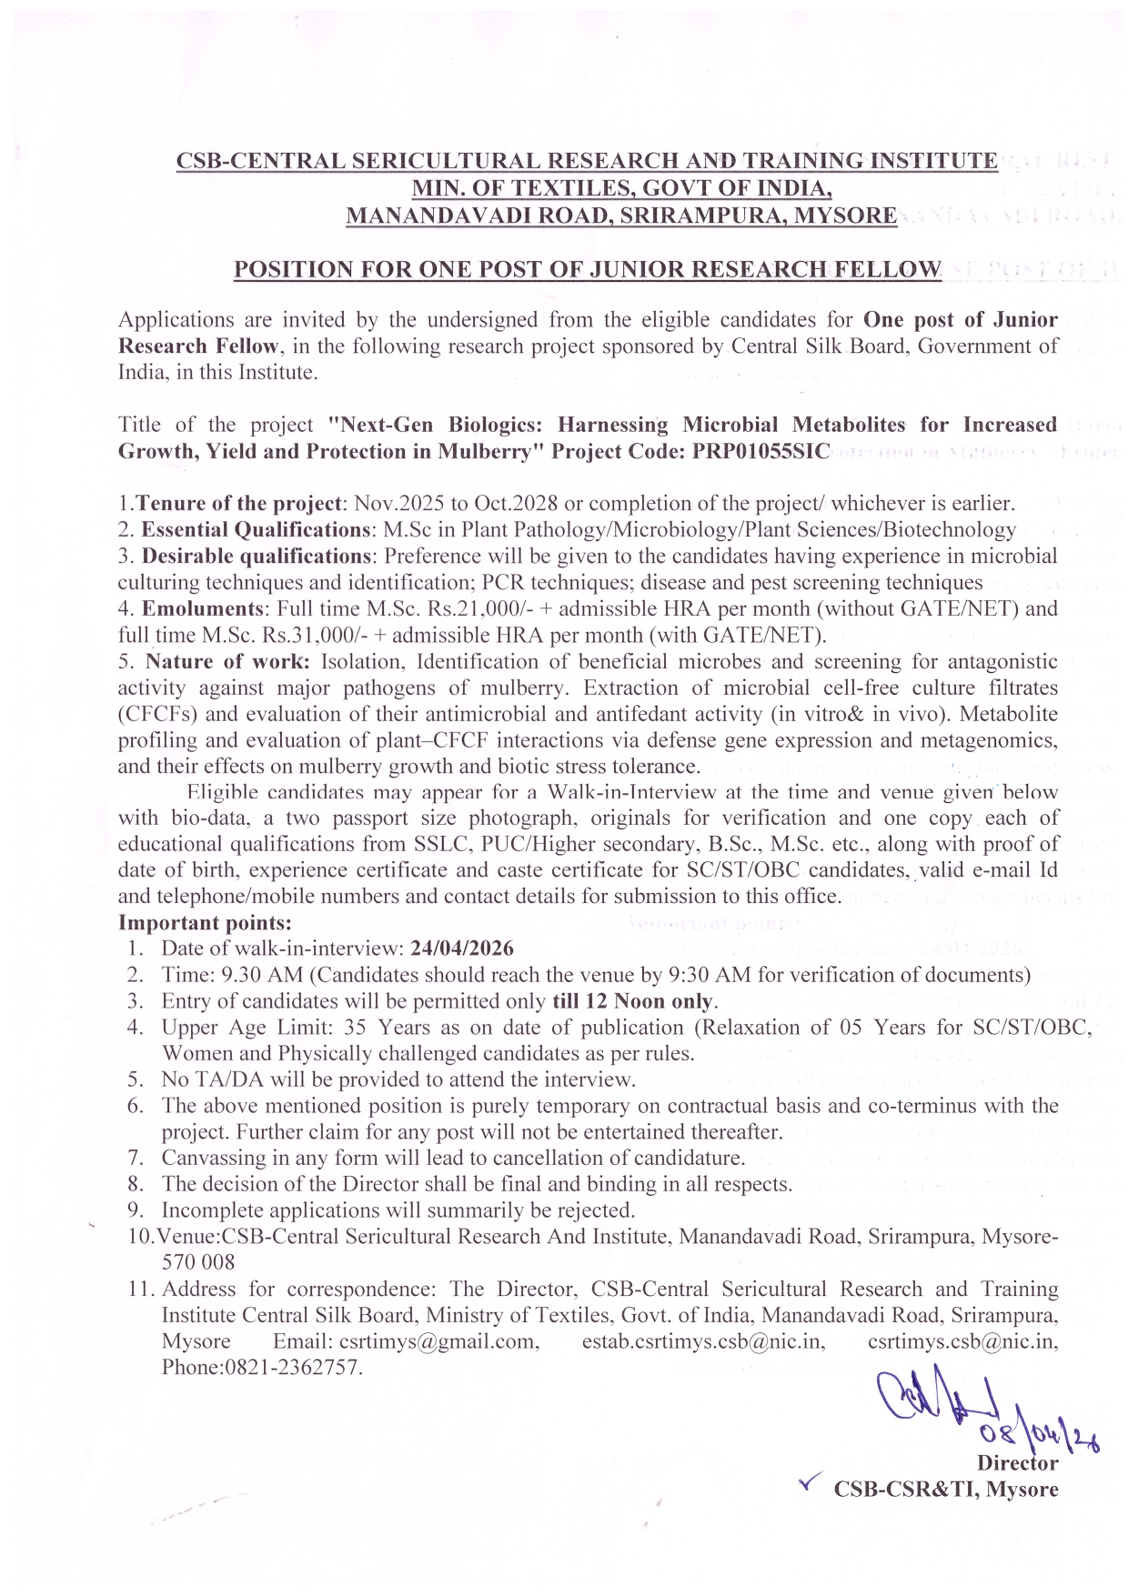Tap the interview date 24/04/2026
[x=462, y=949]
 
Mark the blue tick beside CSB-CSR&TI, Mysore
[x=806, y=1485]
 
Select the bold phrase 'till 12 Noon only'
[x=634, y=1001]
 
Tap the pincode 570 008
[x=197, y=1262]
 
